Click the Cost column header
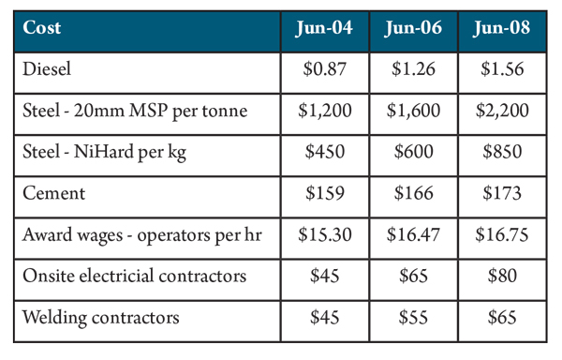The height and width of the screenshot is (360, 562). [41, 27]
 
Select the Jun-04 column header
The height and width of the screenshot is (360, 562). [324, 27]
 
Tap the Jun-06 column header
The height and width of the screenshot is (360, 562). [413, 27]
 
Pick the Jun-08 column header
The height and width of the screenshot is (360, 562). [501, 27]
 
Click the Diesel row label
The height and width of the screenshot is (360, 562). [47, 68]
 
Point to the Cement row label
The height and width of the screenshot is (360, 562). [53, 193]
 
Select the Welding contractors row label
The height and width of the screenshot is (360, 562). [101, 318]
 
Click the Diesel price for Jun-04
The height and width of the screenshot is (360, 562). [325, 68]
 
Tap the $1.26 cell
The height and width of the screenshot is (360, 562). [413, 68]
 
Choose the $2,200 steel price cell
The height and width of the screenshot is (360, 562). [502, 111]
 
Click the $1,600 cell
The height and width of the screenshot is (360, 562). [413, 111]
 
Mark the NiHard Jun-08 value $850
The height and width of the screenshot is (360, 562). [502, 152]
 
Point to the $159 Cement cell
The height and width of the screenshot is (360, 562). [325, 193]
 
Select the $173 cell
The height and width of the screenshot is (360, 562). [502, 193]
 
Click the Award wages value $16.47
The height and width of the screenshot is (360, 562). [413, 235]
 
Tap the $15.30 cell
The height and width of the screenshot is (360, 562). [325, 235]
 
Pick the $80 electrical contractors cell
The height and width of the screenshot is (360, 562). [502, 277]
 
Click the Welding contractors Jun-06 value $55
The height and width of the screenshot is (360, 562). [413, 318]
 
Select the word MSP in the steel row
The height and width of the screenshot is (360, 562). [149, 110]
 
